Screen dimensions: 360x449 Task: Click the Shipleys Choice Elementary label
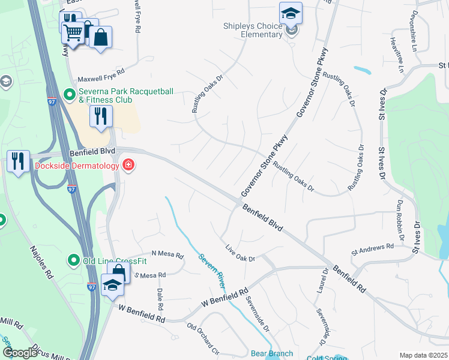[x=253, y=30]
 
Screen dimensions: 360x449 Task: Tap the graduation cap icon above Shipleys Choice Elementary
[x=291, y=12]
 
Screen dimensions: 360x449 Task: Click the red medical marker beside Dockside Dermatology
[x=128, y=164]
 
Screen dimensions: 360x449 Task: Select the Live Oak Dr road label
[x=240, y=253]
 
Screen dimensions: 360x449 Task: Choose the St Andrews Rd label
[x=372, y=247]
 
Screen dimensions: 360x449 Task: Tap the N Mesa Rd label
[x=167, y=254]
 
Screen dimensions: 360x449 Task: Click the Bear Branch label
[x=271, y=354]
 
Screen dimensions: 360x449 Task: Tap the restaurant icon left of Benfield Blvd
[x=19, y=161]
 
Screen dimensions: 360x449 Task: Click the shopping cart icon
[x=73, y=33]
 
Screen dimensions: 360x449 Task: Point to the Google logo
[x=20, y=353]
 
